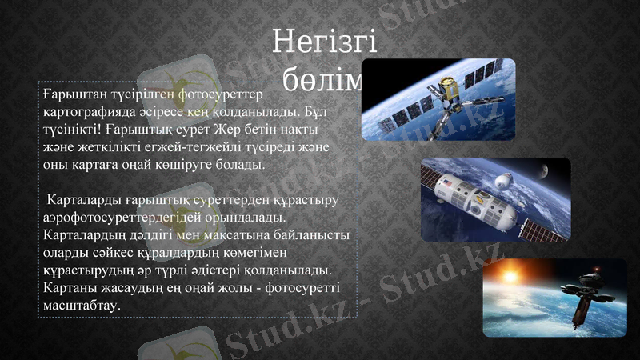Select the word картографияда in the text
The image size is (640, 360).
(91, 112)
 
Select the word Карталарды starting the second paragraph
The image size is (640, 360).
(82, 199)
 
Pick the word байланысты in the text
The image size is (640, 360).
(311, 234)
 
